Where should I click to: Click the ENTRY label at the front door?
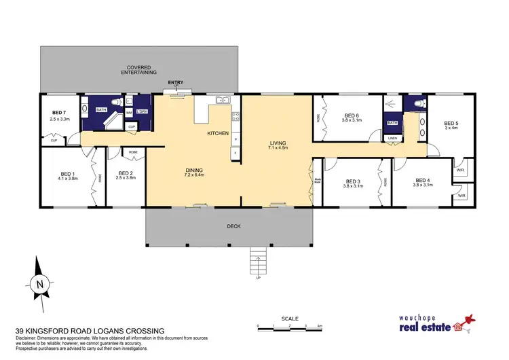coord(176,83)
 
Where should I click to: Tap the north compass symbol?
coord(39,284)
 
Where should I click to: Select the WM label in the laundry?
coord(129,113)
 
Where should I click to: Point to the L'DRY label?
coord(142,111)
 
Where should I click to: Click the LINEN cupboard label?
coord(392,138)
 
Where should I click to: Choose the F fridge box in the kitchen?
coord(235,154)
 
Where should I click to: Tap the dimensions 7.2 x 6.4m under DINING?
coord(194,175)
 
